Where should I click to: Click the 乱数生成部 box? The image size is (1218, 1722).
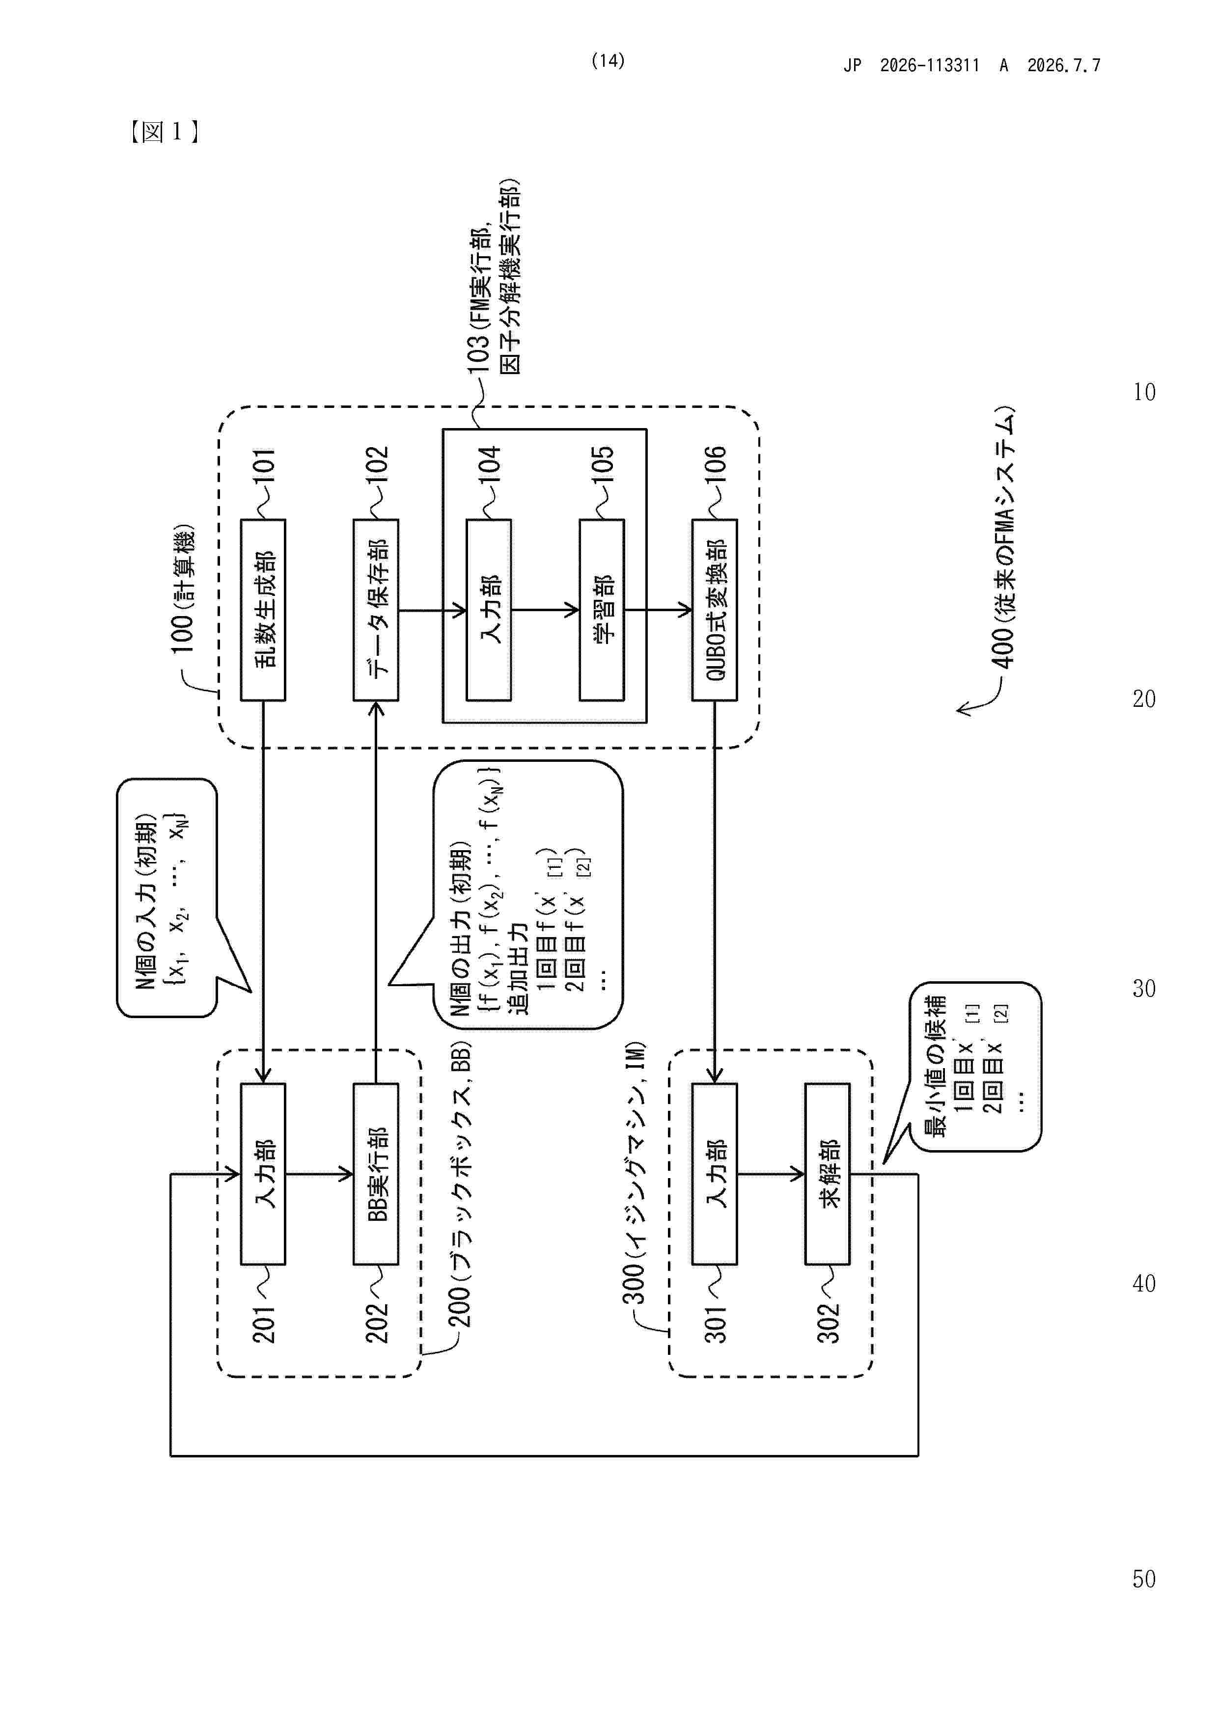click(x=263, y=610)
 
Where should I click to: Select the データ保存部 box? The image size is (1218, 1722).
click(x=376, y=610)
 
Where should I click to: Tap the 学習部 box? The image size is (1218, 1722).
click(x=602, y=610)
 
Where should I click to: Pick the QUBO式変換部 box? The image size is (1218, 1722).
click(x=715, y=610)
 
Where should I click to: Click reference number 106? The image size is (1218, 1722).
click(x=715, y=464)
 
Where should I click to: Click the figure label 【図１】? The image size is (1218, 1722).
click(x=164, y=132)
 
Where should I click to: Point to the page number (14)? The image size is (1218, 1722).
click(x=608, y=61)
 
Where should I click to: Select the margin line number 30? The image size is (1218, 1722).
click(x=1144, y=989)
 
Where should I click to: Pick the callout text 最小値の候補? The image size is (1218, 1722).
click(x=936, y=1067)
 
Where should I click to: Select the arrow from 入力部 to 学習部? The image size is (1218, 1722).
click(x=546, y=610)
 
